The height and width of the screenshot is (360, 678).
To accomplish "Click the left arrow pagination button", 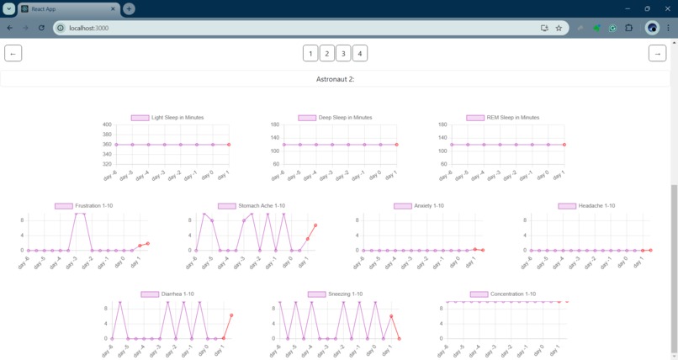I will (13, 53).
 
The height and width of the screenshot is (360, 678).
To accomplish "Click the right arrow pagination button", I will (657, 53).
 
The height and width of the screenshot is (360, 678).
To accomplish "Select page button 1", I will (310, 53).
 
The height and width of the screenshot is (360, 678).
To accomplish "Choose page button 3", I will (343, 53).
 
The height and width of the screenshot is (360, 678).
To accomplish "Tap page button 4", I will (360, 53).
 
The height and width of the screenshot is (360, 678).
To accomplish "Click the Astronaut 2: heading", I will (335, 79).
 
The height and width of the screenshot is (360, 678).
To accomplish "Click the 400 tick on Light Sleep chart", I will (107, 124).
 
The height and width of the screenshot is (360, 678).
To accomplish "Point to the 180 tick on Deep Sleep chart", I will (274, 124).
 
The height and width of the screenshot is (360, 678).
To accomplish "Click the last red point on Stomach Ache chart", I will (315, 225).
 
